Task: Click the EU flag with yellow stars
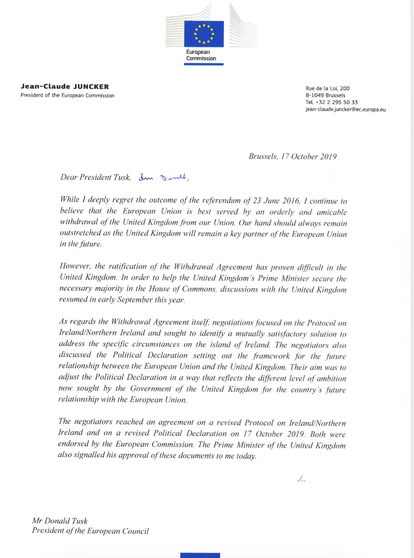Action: point(204,34)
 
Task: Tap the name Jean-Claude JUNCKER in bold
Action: point(65,87)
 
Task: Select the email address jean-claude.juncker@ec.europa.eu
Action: point(346,110)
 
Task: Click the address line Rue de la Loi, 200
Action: point(328,88)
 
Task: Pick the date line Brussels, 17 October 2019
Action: point(292,157)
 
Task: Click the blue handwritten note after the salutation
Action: point(163,178)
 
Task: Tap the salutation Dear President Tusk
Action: point(95,177)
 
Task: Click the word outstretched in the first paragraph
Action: point(77,233)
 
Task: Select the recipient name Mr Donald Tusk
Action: point(60,521)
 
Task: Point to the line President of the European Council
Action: point(90,531)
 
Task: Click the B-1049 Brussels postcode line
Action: point(325,95)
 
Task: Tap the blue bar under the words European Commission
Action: point(204,64)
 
